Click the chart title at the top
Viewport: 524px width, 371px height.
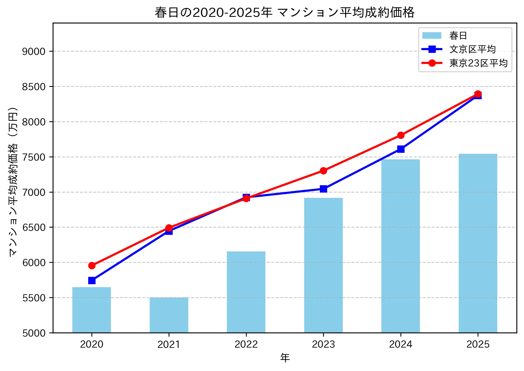pos(285,12)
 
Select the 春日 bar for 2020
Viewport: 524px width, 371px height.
pos(91,310)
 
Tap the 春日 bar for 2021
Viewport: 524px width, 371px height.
pos(169,315)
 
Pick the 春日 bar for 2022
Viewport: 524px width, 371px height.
pos(246,292)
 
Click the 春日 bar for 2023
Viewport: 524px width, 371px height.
pos(323,265)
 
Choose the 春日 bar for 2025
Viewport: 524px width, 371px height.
pos(478,243)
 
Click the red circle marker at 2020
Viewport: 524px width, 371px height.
pos(92,266)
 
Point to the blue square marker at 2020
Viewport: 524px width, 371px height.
pos(92,280)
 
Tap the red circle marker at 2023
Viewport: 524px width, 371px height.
pos(323,171)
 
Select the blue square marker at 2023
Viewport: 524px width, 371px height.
pos(323,189)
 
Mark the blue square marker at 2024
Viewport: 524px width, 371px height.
pos(401,149)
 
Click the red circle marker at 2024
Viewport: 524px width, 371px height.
pos(401,135)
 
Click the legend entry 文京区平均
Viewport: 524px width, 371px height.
pos(472,49)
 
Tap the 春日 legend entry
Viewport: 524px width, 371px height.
pos(458,35)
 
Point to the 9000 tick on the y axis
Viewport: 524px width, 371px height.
pos(34,51)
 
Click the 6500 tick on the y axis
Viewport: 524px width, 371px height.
pos(34,227)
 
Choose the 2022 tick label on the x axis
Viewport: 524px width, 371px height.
pos(246,344)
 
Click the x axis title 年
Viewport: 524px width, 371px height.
pos(285,358)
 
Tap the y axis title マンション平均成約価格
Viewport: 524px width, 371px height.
pos(13,181)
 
